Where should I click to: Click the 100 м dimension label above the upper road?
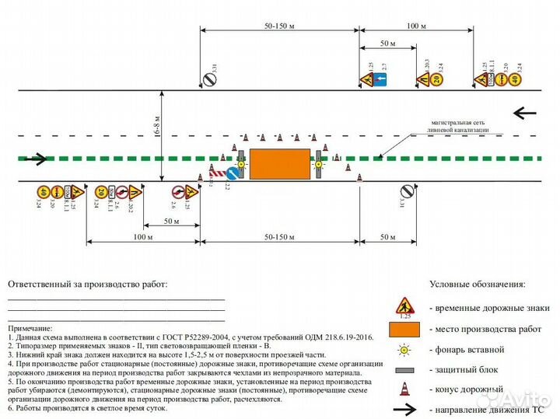[416, 26]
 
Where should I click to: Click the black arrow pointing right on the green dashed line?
[36, 160]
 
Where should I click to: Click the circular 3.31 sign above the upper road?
[208, 79]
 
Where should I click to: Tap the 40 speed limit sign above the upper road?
[516, 79]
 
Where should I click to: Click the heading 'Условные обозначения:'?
[477, 285]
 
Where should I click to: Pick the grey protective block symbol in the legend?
[404, 369]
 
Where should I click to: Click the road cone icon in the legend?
[404, 389]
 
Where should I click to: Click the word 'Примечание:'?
[30, 329]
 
